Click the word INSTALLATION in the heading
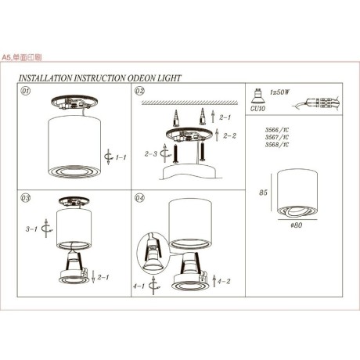(45, 79)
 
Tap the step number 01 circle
(26, 92)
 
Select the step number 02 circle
(140, 92)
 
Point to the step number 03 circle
(26, 199)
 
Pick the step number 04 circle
(140, 199)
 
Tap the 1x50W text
(279, 92)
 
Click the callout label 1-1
(121, 158)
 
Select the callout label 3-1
(33, 230)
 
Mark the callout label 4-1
(139, 287)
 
